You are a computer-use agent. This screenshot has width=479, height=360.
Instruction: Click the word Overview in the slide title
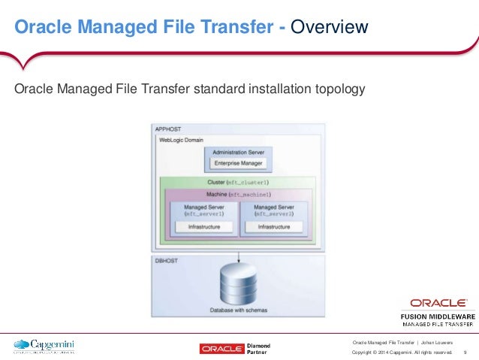329,29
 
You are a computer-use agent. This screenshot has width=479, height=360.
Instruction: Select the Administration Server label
239,151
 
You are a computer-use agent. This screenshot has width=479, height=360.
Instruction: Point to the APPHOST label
166,129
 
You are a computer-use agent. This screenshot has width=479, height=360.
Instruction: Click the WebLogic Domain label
181,140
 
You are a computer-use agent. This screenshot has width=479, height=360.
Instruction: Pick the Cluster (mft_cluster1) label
239,183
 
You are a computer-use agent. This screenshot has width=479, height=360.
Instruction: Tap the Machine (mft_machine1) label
239,194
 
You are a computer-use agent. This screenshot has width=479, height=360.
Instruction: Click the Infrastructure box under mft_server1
198,225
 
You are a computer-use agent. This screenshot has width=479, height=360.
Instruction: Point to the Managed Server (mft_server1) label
198,210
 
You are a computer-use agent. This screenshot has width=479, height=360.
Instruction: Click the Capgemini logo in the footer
44,346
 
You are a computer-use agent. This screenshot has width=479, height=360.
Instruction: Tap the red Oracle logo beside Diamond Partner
222,348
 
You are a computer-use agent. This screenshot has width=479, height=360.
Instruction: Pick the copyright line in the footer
402,352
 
